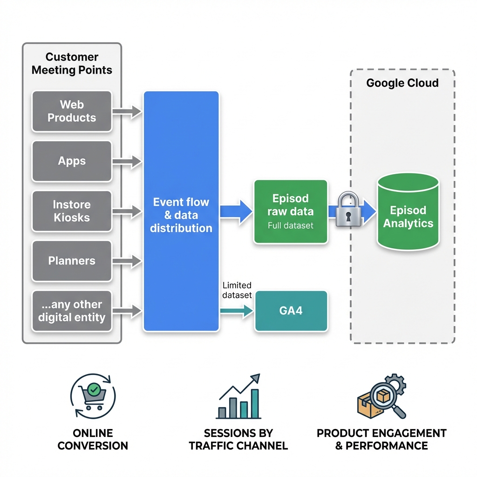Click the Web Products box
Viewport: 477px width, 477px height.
(72, 111)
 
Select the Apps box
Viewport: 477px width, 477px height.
(72, 161)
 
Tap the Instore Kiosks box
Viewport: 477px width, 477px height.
(72, 211)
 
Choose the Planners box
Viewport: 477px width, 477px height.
(72, 261)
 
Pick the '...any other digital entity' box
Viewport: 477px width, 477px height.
(72, 311)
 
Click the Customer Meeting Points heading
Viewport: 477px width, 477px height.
(72, 64)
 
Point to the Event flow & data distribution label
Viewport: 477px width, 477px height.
(181, 215)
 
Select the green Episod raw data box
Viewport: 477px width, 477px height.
(290, 211)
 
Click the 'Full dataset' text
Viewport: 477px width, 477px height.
(290, 226)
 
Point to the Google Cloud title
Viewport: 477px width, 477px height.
(402, 83)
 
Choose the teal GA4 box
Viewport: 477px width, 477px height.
(291, 311)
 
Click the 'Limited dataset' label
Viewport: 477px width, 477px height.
(237, 290)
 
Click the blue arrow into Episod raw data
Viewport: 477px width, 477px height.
(236, 211)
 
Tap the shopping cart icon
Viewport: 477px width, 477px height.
(93, 396)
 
